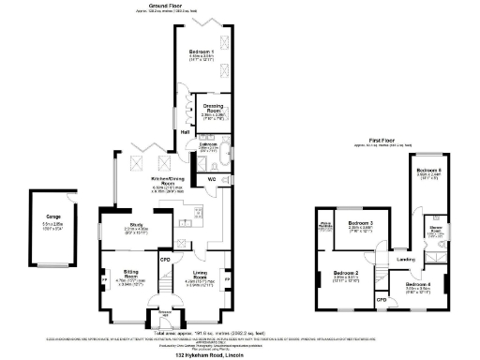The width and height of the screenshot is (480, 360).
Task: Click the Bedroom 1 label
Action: coord(201,51)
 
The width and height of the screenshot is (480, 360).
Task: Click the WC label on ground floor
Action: coord(212,178)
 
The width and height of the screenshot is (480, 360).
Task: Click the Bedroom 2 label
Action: coord(347,273)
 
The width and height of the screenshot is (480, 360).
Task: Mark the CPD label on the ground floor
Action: coord(164,259)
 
